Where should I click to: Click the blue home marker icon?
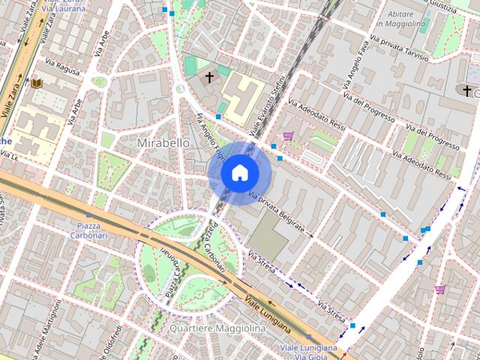(x=239, y=172)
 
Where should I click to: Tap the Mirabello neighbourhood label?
(x=163, y=142)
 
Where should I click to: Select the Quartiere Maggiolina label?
(x=217, y=329)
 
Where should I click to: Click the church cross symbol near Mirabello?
(x=210, y=77)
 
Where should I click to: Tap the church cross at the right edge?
(x=467, y=91)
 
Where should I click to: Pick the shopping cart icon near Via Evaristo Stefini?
(x=288, y=136)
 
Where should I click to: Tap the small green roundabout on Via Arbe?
(x=99, y=82)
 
